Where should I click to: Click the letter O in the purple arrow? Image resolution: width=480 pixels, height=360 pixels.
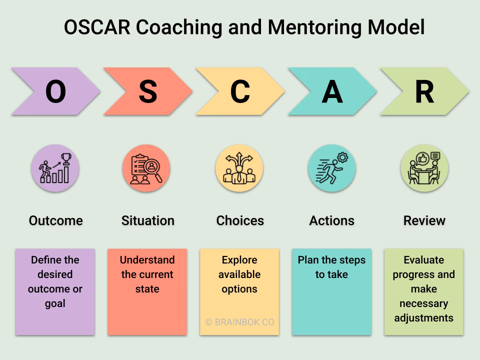[x=55, y=91]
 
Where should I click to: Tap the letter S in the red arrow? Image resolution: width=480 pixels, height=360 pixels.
[x=147, y=91]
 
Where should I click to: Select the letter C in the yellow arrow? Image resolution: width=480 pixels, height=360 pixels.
[x=240, y=91]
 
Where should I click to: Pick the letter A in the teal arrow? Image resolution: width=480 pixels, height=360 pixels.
[x=332, y=91]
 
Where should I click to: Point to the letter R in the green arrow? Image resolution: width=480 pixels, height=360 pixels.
[x=424, y=91]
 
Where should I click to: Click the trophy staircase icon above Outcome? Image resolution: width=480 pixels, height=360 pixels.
[x=55, y=168]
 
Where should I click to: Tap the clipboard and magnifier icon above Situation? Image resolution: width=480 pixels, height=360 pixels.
[x=146, y=168]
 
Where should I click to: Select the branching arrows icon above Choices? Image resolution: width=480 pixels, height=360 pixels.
[x=239, y=168]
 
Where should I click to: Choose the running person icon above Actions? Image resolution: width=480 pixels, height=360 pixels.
[x=331, y=168]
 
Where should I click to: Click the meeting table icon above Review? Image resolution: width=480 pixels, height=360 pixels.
[x=424, y=168]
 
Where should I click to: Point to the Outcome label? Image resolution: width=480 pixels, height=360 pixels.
[x=55, y=220]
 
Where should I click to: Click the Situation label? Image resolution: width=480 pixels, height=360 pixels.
[x=147, y=220]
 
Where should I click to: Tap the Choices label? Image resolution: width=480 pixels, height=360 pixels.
[x=240, y=220]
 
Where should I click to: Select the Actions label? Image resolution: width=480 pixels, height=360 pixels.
[x=332, y=220]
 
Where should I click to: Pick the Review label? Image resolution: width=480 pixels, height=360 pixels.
[x=424, y=220]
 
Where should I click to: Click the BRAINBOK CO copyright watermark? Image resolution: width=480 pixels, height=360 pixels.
[x=240, y=322]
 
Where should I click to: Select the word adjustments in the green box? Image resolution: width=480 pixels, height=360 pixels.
[x=424, y=318]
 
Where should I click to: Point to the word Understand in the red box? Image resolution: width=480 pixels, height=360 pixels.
[x=147, y=260]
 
